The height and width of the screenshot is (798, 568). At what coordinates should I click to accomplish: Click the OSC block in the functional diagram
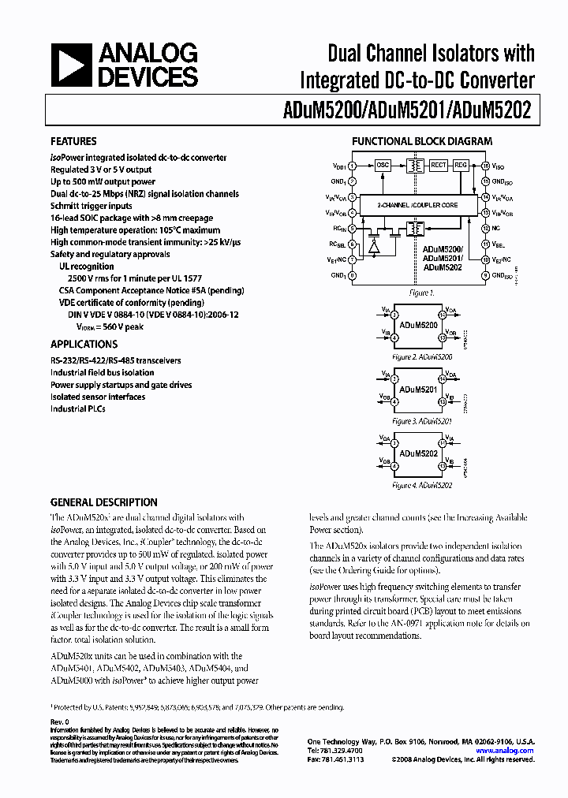click(x=383, y=166)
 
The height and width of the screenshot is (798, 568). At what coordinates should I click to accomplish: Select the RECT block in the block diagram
click(x=438, y=166)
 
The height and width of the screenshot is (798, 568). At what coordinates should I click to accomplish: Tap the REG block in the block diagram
click(x=461, y=166)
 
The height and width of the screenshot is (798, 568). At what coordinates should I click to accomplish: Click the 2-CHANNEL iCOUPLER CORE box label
click(x=418, y=204)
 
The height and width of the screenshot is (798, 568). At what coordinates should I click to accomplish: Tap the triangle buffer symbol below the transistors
click(x=374, y=245)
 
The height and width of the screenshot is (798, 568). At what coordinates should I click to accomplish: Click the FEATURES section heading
click(x=73, y=141)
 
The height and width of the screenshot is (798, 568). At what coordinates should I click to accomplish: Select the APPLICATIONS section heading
click(x=84, y=344)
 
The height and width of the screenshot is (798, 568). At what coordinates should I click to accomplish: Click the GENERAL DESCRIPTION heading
click(x=103, y=502)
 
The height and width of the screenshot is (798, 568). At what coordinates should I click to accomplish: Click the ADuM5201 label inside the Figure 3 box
click(x=419, y=390)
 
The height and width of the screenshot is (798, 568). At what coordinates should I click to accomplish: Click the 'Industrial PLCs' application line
click(x=81, y=409)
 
